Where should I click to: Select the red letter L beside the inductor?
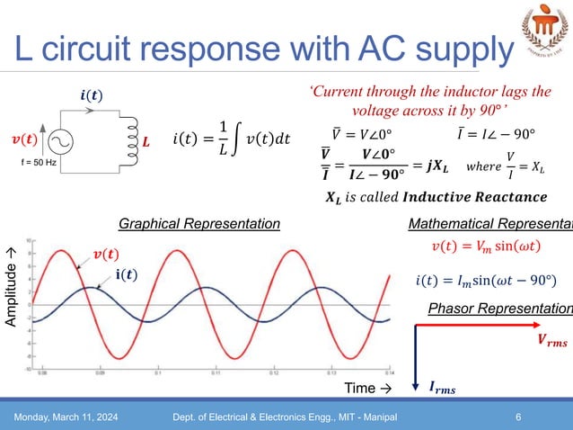146,143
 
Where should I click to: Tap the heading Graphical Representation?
199,223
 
